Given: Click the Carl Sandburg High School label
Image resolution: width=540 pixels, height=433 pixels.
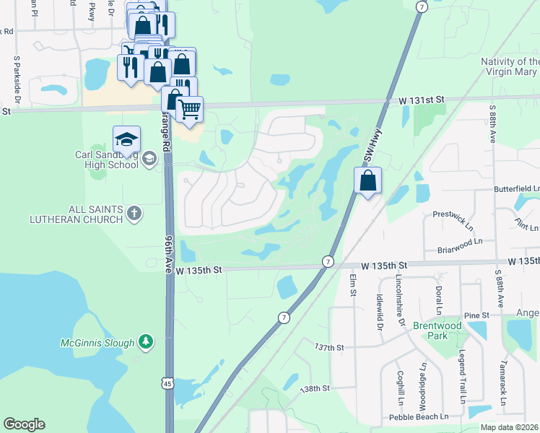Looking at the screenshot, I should (107, 159).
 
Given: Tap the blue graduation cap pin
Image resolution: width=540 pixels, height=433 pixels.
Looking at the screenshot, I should (126, 139).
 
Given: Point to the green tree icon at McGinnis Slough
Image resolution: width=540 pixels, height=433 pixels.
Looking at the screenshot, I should (146, 341).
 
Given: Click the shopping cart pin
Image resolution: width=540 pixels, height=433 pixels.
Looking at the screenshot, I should (189, 109).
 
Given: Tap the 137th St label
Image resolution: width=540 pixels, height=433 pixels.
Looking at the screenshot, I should (329, 347).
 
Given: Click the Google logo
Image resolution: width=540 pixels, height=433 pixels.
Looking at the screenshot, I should (24, 424).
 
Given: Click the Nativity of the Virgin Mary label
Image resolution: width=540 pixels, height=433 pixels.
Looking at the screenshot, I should (510, 66).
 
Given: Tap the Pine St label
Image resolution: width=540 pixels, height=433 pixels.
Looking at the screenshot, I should (476, 315).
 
